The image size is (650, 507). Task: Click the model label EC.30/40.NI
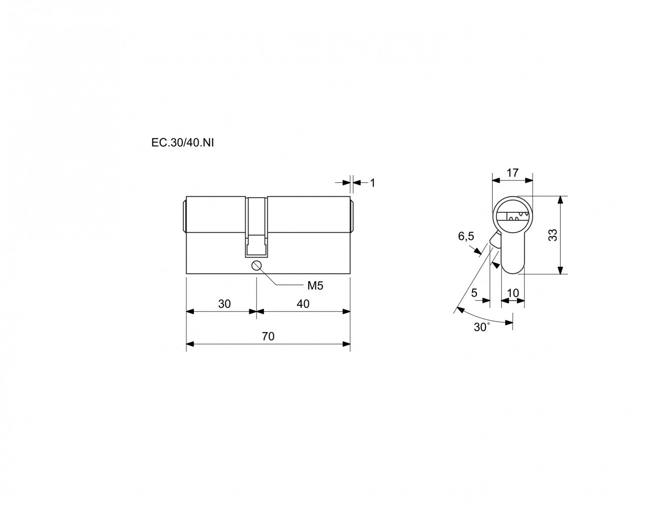pyautogui.click(x=182, y=143)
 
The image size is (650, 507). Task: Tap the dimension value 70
pyautogui.click(x=268, y=336)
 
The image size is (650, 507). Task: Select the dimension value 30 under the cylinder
pyautogui.click(x=224, y=304)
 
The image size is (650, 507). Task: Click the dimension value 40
pyautogui.click(x=303, y=304)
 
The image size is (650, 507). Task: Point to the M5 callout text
pyautogui.click(x=315, y=286)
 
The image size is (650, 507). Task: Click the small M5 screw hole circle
pyautogui.click(x=256, y=265)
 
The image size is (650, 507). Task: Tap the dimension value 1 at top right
pyautogui.click(x=372, y=183)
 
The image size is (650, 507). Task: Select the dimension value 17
pyautogui.click(x=512, y=173)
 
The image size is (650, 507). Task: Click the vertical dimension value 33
pyautogui.click(x=553, y=235)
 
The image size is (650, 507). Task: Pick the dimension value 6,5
pyautogui.click(x=466, y=236)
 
